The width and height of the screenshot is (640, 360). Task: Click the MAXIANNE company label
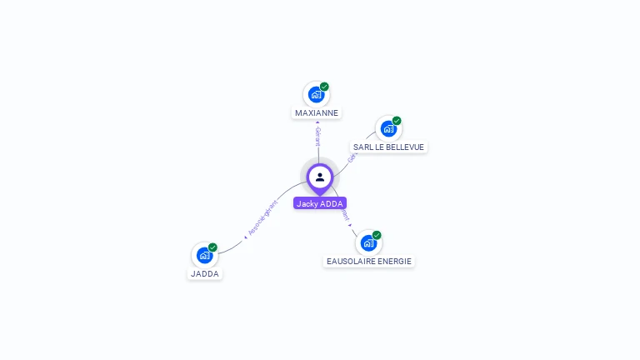point(317,112)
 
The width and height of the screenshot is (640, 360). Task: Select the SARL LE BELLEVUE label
point(388,147)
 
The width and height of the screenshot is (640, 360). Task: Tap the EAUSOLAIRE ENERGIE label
point(368,261)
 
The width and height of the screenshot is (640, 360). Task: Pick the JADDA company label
point(205,273)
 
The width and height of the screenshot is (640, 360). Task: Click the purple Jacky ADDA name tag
point(319,203)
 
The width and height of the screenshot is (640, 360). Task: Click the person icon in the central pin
point(319,177)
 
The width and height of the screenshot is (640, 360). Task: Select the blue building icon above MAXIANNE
point(315,94)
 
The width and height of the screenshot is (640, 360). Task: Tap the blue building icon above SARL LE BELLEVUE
point(387,129)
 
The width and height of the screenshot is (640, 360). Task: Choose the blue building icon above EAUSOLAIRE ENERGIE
point(367,243)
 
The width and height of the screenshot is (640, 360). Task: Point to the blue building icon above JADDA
point(203,255)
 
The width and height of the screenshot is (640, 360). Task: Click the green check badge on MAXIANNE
point(324,87)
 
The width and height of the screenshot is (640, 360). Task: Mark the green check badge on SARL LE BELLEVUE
point(397,121)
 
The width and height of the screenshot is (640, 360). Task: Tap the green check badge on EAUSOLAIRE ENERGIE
point(377,235)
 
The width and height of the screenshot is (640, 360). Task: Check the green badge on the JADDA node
point(212,247)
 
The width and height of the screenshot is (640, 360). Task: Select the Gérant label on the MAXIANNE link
point(317,136)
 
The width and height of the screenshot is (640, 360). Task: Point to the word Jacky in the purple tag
point(307,203)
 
